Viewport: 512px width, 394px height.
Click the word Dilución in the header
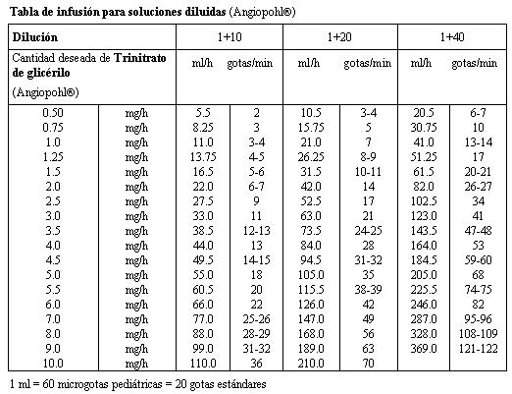tap(35, 37)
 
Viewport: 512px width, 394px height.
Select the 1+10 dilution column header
tap(230, 36)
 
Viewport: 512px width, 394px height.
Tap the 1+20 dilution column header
tap(339, 36)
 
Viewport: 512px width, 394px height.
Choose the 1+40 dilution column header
tap(452, 36)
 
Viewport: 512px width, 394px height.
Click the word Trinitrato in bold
tap(140, 58)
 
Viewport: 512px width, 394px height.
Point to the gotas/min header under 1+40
tap(474, 63)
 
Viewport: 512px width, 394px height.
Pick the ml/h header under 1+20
tap(309, 63)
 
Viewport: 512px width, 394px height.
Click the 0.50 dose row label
tap(53, 113)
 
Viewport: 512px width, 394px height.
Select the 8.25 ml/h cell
tap(203, 128)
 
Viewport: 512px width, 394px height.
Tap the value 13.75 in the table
tap(203, 157)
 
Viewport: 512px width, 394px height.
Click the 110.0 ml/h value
tap(203, 364)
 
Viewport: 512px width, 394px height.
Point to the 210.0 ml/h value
tap(311, 364)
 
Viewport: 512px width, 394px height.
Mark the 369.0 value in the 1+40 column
tap(424, 349)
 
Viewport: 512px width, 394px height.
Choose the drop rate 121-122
tap(478, 349)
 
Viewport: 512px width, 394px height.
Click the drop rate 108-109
tap(478, 334)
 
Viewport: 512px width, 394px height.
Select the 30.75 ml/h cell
tap(424, 128)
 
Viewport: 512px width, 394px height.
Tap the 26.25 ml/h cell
tap(311, 157)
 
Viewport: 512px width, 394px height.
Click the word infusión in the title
tap(78, 12)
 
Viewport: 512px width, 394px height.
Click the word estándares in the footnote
tap(244, 384)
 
